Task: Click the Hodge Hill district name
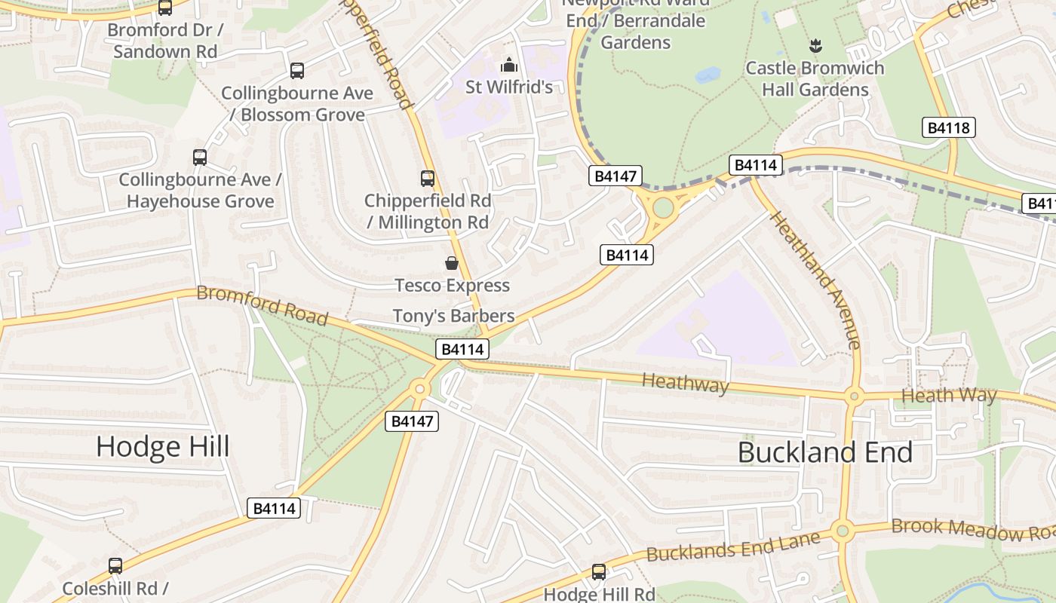(x=162, y=447)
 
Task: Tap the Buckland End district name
(x=825, y=452)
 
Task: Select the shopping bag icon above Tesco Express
(x=451, y=263)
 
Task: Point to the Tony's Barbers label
(x=453, y=316)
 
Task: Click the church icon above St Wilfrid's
(x=509, y=65)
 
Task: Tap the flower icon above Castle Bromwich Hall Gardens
(x=815, y=47)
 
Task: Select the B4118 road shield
(x=948, y=127)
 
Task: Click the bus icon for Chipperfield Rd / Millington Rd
(x=427, y=179)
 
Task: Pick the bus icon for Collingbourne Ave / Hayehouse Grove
(x=200, y=158)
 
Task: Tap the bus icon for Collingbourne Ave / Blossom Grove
(x=297, y=71)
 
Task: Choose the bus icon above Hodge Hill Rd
(x=599, y=572)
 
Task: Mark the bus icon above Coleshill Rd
(x=115, y=566)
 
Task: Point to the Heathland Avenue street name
(x=815, y=280)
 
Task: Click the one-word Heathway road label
(x=685, y=383)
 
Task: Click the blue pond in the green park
(x=708, y=75)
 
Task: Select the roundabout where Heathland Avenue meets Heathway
(x=854, y=395)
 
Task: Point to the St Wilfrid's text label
(x=509, y=87)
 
